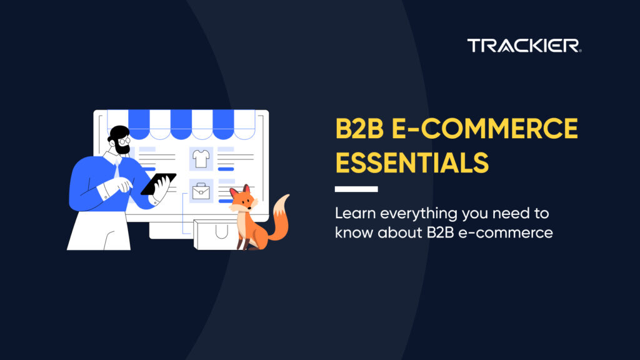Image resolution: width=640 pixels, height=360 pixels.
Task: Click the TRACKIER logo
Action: click(x=524, y=46)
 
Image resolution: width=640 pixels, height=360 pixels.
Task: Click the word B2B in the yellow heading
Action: click(x=359, y=129)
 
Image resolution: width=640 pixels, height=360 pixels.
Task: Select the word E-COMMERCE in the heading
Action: click(x=484, y=129)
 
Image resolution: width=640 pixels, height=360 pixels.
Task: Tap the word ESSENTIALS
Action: click(x=412, y=163)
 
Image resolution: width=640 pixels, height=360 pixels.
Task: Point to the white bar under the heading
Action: click(x=356, y=189)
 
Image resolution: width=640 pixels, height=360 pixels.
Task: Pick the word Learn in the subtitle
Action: click(x=355, y=213)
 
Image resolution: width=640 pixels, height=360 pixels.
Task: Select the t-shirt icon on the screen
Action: click(x=201, y=159)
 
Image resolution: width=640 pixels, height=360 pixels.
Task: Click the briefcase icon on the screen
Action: click(x=201, y=191)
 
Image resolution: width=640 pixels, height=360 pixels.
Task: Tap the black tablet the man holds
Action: click(x=158, y=184)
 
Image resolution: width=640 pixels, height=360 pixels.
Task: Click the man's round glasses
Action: click(x=124, y=141)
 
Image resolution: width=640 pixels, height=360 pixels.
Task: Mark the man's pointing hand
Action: click(x=121, y=185)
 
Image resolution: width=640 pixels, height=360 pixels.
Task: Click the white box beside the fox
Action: click(x=216, y=235)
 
